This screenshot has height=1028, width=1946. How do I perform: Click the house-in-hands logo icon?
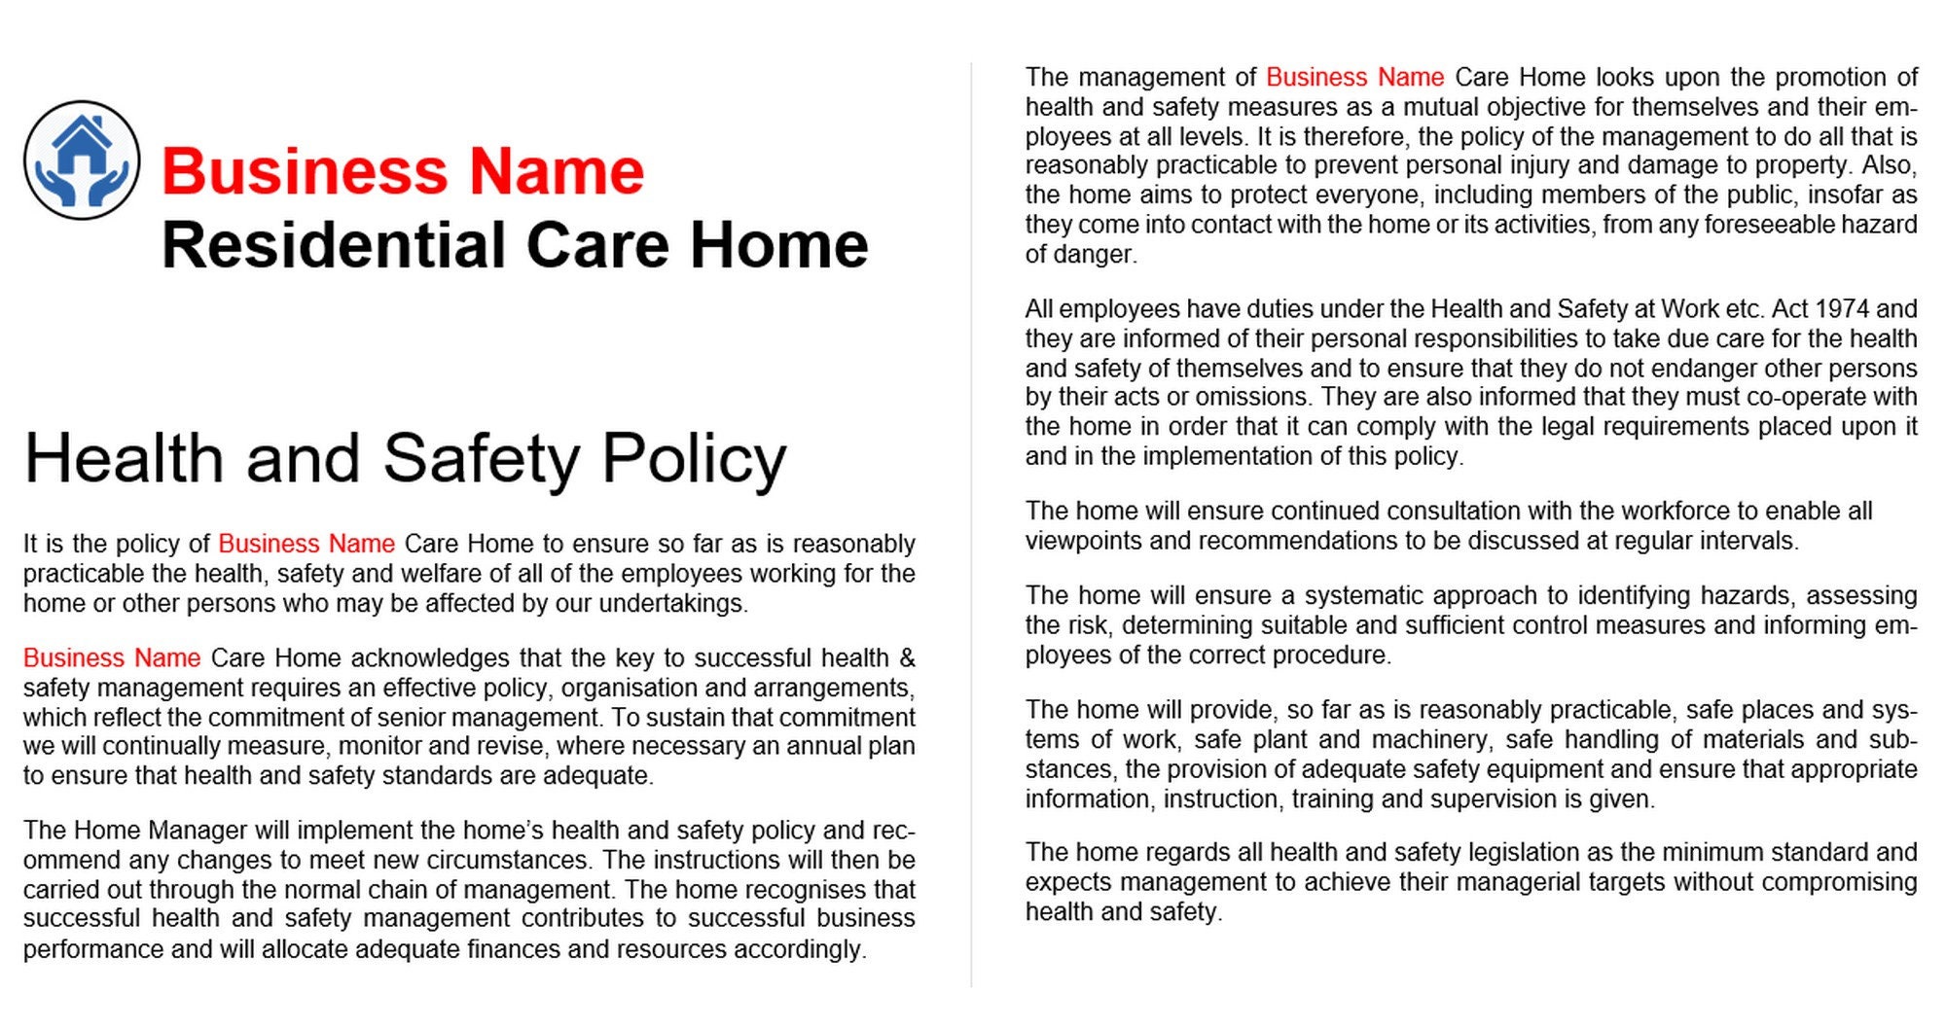tap(82, 160)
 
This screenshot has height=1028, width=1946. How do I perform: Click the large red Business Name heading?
tap(402, 172)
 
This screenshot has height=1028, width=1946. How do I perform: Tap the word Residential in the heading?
tap(335, 245)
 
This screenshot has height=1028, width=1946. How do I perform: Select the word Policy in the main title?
tap(694, 459)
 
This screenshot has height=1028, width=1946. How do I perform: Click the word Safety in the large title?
tap(481, 459)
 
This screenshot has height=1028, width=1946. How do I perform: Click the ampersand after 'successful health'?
tap(907, 658)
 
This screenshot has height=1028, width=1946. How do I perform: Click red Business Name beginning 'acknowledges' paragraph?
tap(112, 658)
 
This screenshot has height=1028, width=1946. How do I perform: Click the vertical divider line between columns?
tap(971, 525)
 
